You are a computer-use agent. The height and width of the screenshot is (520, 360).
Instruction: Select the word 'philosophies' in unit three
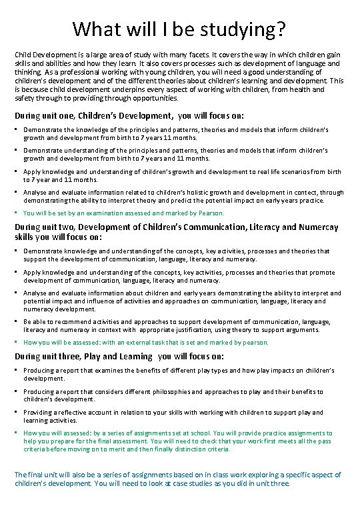pos(174,392)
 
